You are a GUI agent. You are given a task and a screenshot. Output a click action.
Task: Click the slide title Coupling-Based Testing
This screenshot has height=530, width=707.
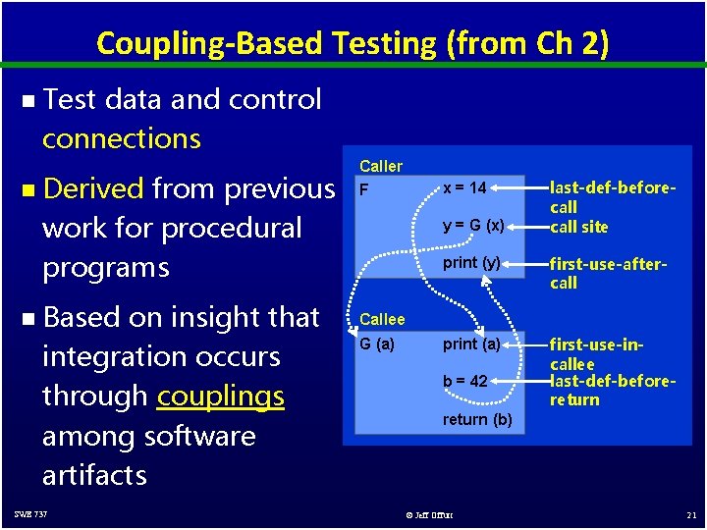[353, 43]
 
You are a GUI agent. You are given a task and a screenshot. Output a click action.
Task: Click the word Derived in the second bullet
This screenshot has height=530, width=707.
[93, 187]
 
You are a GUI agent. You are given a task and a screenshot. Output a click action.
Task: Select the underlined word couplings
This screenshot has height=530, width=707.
[220, 396]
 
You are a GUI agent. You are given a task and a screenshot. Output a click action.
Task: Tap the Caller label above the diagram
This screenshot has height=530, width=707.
[381, 167]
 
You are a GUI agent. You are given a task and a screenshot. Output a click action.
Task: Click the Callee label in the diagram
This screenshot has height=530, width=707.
[381, 319]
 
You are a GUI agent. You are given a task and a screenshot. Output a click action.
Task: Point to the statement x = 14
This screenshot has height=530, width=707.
[464, 187]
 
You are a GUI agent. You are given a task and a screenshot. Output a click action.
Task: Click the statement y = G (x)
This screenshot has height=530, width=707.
[473, 227]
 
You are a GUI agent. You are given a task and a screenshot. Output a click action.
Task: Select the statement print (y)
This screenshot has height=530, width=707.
[471, 263]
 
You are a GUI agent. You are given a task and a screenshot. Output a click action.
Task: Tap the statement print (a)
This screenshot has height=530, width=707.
[471, 344]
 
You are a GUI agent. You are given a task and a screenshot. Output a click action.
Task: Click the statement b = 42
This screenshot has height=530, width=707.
[464, 381]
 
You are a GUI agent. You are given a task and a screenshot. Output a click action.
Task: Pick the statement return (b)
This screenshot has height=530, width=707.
[477, 419]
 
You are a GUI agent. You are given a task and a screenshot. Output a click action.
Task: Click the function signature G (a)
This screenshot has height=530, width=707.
[377, 344]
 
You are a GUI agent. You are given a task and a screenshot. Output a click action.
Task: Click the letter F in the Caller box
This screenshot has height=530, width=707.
[364, 189]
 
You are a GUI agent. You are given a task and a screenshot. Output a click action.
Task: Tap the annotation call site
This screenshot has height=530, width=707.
[578, 227]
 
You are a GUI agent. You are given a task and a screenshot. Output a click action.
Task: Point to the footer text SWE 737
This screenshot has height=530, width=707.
[30, 514]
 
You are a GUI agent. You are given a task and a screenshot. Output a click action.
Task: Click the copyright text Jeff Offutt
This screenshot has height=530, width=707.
[431, 515]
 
